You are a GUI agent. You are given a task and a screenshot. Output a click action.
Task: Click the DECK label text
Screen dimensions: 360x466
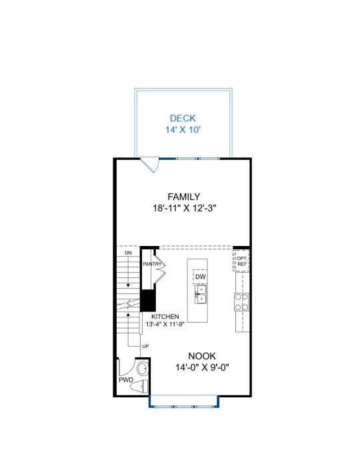pos(183,118)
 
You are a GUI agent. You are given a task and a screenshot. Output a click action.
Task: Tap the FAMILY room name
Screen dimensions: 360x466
pos(184,197)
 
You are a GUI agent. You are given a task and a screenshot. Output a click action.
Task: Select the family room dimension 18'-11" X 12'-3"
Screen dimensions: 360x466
pos(184,208)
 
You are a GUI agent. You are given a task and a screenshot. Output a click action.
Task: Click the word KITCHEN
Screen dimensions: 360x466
pos(165,317)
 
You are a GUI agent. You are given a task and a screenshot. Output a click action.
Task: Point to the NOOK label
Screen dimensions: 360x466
pos(202,356)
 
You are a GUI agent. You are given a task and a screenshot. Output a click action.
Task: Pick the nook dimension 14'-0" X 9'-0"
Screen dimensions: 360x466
pos(202,367)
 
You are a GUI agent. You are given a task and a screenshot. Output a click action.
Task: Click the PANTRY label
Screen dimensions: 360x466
pos(152,264)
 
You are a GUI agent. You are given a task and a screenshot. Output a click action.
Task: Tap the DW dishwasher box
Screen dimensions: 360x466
pos(201,277)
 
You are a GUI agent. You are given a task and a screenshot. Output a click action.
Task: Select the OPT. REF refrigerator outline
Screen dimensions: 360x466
pos(241,261)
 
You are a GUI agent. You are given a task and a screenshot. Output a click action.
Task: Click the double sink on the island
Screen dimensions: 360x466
pos(201,294)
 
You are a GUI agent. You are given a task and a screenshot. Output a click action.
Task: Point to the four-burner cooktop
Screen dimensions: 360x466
pos(241,302)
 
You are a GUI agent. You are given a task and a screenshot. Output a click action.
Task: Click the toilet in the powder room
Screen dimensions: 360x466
pos(139,387)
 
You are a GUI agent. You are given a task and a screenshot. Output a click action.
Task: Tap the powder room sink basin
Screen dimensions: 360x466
pos(143,369)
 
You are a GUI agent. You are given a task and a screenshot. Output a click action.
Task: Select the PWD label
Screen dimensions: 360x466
pos(126,380)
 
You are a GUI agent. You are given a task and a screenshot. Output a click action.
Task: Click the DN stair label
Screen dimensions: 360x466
pos(128,253)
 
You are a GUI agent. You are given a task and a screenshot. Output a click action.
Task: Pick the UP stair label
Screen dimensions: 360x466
pos(145,347)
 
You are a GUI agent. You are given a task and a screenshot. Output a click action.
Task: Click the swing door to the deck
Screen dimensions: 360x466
pos(149,165)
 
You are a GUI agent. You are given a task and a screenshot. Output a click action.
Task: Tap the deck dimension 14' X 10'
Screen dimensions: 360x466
pos(183,130)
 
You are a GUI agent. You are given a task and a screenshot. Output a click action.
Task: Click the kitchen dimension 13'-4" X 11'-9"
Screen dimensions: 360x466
pos(165,324)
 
